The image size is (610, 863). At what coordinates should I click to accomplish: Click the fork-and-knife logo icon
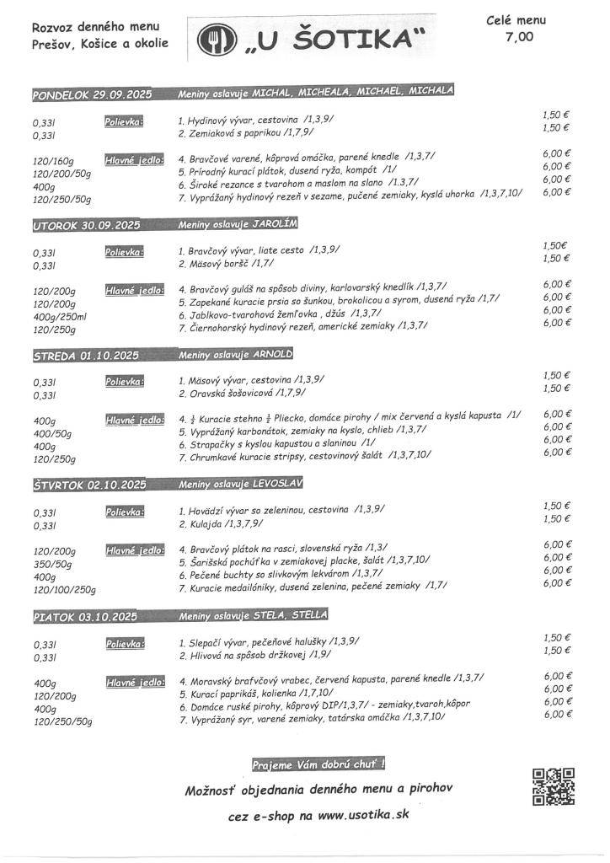pos(211,39)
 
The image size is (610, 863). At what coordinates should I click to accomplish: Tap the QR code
pos(554,787)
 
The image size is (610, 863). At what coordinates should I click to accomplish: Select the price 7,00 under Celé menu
pos(519,35)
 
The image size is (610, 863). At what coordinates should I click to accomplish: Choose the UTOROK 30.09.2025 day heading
pos(86,226)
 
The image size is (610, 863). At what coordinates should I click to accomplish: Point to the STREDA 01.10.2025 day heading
pos(84,356)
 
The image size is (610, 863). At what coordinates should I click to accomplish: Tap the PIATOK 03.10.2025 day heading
pos(84,616)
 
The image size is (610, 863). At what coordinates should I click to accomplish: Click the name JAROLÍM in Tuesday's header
pos(276,224)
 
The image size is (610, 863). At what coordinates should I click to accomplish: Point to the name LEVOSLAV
pos(278,484)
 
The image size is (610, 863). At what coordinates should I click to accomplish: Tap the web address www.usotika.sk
pos(363,816)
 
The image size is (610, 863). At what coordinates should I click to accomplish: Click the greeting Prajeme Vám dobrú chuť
pos(318,764)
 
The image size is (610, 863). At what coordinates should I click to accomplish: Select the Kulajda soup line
pos(220,523)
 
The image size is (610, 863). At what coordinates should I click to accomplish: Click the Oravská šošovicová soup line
pos(241,393)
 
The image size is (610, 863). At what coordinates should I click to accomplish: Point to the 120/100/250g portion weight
pos(64,590)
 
